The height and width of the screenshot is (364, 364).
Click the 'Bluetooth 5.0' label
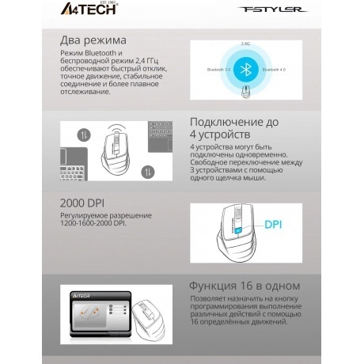pos(218,70)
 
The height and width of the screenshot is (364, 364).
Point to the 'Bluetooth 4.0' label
pos(275,70)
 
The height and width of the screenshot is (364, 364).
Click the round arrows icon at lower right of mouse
pos(146,171)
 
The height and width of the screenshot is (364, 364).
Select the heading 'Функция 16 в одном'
pos(244,285)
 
